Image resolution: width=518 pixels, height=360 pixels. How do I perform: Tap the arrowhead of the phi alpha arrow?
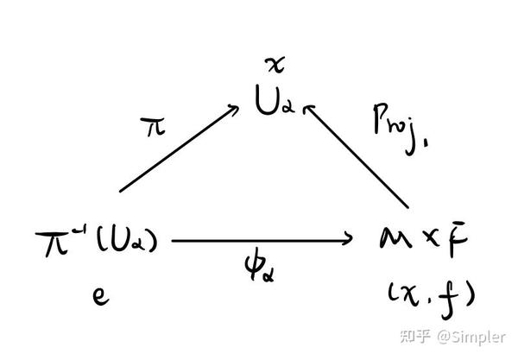350,240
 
